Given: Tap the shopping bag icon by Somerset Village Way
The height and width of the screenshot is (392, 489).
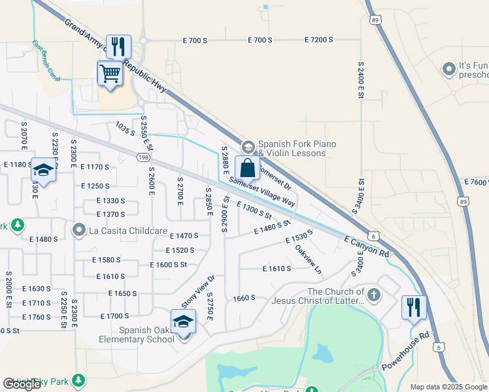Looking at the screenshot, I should coord(248,168).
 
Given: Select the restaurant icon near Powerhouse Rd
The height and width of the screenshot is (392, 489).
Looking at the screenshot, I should coord(413,307).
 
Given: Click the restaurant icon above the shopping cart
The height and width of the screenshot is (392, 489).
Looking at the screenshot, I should coord(119,46).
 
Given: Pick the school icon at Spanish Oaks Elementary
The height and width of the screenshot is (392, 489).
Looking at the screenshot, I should coord(183,322).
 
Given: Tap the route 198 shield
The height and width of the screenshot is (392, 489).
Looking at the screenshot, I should coord(143,157).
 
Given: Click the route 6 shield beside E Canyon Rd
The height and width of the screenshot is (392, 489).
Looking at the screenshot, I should coord(373,235).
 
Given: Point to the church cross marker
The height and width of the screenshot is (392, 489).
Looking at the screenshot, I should coord(373,295).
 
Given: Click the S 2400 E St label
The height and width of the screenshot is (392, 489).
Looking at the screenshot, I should coord(360,80).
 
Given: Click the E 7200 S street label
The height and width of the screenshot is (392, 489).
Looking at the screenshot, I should coord(318,40).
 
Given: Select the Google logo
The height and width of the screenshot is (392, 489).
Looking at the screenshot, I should coord(22,384).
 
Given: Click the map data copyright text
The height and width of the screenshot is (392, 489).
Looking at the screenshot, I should coord(448,387).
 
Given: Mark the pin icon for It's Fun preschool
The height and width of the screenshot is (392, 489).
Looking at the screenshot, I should coord(448,69).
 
